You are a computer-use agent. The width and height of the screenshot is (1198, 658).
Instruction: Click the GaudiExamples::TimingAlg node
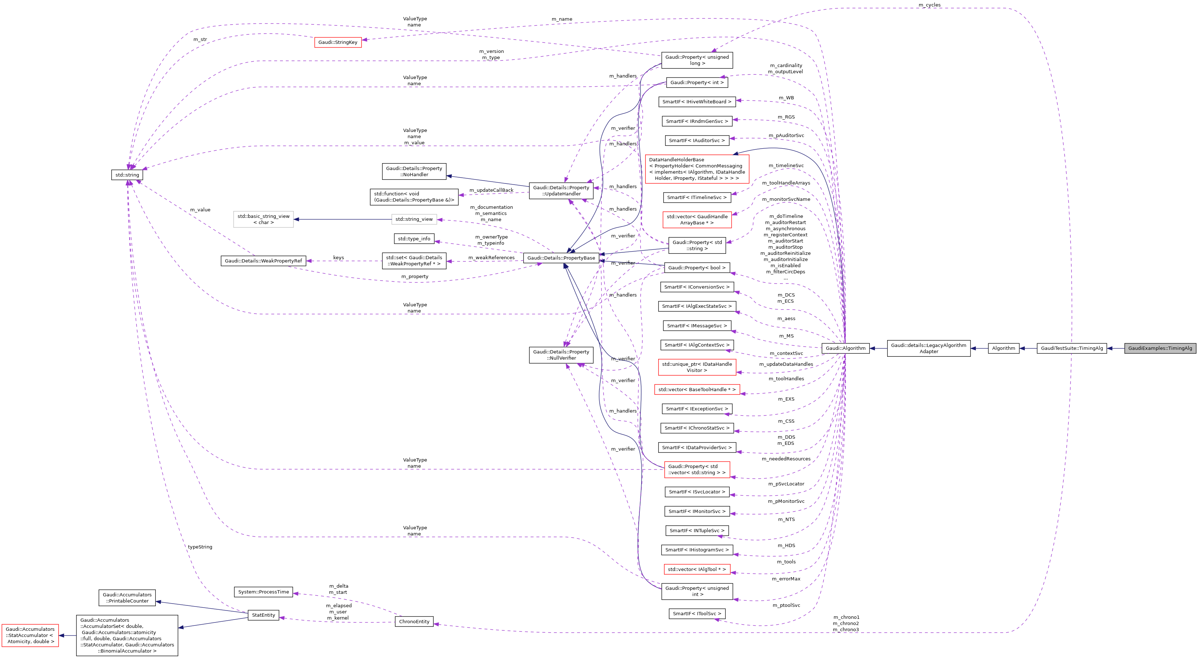click(1160, 348)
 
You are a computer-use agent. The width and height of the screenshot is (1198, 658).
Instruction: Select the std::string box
click(127, 175)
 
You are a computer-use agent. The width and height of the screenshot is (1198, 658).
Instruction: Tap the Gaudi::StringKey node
click(338, 42)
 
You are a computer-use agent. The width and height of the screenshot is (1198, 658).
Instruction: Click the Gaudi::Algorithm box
click(845, 348)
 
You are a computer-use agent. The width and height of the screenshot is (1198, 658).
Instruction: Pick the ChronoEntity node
click(414, 622)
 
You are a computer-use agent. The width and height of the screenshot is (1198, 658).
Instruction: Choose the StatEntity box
click(263, 615)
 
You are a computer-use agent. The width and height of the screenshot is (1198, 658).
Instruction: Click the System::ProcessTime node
click(263, 592)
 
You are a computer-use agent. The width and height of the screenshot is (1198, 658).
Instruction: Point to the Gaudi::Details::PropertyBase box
click(561, 258)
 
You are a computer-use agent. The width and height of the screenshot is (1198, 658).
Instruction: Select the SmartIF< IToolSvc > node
click(697, 614)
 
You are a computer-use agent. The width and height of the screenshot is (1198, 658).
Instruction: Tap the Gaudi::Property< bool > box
click(697, 268)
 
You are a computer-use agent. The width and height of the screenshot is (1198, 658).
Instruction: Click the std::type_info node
click(414, 239)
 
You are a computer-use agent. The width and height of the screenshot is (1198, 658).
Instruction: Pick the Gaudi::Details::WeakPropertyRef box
click(263, 261)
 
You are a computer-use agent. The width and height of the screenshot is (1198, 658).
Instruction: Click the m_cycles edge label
click(929, 5)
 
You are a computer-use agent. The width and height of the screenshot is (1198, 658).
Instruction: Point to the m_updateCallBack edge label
click(491, 190)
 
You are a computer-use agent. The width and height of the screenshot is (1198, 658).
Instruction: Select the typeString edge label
click(200, 547)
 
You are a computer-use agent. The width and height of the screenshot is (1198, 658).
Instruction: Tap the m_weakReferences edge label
click(491, 258)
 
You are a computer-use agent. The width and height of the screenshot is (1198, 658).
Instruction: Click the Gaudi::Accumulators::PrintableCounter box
click(127, 598)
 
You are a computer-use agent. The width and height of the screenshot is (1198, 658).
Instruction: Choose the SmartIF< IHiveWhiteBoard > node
click(697, 102)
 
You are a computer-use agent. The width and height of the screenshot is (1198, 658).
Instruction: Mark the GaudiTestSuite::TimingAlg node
click(1072, 348)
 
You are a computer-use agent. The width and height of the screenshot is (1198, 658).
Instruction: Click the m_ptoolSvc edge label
click(786, 605)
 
